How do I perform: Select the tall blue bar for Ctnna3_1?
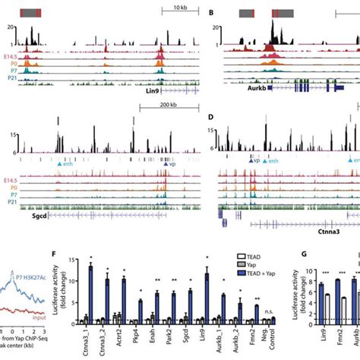point(90,290)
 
